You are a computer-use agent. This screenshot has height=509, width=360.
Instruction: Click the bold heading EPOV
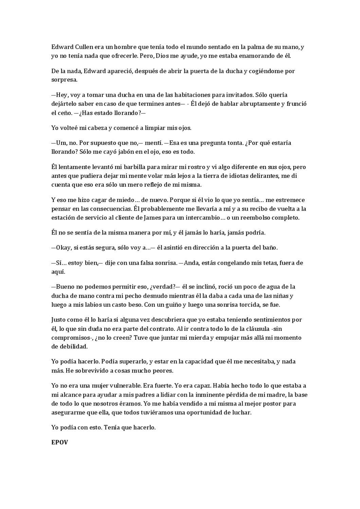[59, 442]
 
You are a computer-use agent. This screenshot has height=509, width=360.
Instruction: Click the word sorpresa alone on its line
[64, 80]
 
